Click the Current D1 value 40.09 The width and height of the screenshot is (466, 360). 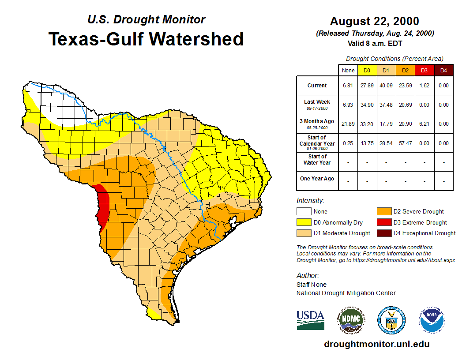tap(386, 86)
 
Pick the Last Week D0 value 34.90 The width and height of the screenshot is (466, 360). tap(367, 105)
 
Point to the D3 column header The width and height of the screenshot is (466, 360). tap(424, 71)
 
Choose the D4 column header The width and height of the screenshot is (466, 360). tap(443, 71)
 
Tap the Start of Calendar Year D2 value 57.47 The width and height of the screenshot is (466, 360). tap(405, 143)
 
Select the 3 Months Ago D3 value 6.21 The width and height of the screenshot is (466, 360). tap(424, 124)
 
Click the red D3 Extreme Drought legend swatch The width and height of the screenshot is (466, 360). tap(383, 222)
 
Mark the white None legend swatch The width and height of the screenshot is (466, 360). tap(304, 212)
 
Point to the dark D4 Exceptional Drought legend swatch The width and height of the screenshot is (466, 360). tap(383, 233)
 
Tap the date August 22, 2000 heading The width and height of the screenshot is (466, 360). tap(374, 21)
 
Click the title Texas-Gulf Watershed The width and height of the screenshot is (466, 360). tap(146, 39)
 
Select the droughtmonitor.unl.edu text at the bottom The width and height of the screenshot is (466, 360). tap(376, 344)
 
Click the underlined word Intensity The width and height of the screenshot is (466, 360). tap(310, 201)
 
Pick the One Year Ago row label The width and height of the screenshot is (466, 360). tap(317, 179)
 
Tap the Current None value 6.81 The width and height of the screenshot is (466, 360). tap(348, 86)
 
